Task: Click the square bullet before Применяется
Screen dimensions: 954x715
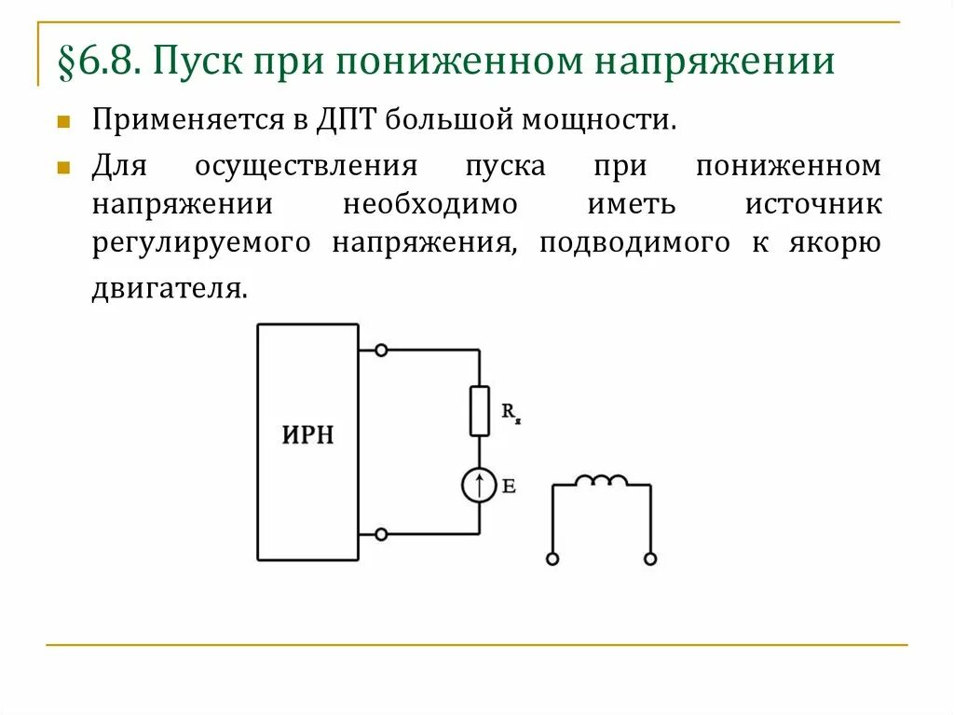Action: click(63, 121)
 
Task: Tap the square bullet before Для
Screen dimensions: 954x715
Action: click(63, 168)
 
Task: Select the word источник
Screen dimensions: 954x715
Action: click(812, 204)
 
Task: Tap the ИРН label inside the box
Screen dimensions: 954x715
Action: click(307, 435)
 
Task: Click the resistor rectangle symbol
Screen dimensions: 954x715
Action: click(479, 410)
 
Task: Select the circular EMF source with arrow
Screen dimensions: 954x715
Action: click(479, 486)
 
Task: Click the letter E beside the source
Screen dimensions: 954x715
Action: click(509, 486)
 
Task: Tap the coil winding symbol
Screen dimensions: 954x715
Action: click(601, 481)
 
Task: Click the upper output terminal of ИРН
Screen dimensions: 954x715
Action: click(380, 350)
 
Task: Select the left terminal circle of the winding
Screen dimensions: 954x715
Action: click(552, 559)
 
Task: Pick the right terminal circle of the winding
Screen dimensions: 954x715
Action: click(650, 559)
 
